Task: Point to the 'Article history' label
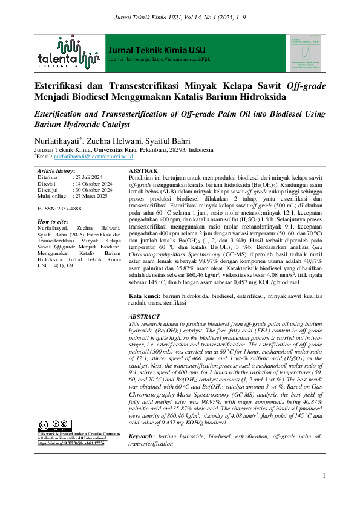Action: [56, 172]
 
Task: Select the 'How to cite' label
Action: [52, 222]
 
